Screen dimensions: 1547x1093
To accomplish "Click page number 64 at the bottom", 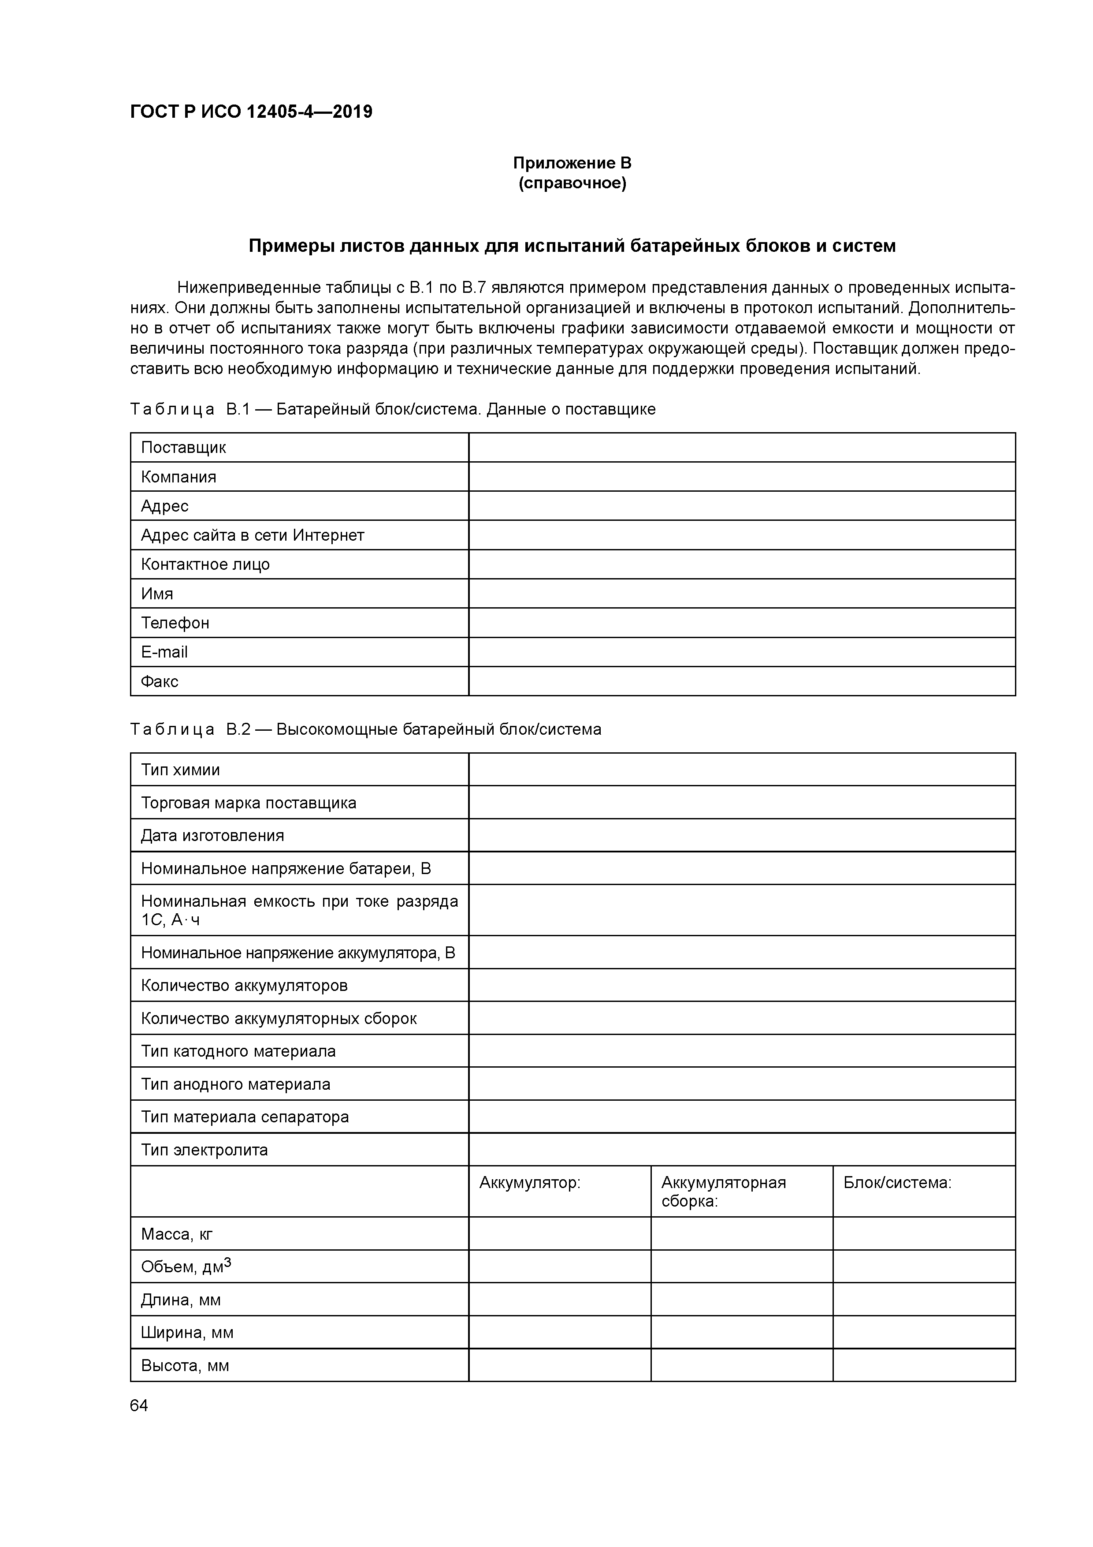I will pos(139,1405).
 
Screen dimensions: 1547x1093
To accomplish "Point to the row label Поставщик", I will pos(183,448).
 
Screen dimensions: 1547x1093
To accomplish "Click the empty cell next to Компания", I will pos(741,476).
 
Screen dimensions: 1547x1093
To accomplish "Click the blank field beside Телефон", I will pos(741,623).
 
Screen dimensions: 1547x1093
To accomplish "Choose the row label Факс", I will pos(159,681).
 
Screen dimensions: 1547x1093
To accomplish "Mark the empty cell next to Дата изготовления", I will pos(741,836).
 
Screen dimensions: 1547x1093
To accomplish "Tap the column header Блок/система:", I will pos(897,1182).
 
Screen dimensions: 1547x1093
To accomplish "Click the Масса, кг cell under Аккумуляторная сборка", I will pos(741,1234).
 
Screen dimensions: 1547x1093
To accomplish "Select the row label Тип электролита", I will pos(204,1150).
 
